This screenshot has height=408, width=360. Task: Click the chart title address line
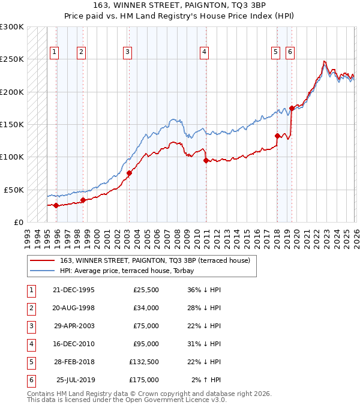pos(180,6)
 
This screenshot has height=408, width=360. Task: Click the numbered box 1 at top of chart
pos(54,52)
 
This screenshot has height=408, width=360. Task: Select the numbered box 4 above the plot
pos(204,52)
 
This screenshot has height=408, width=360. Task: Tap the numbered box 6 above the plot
pos(290,52)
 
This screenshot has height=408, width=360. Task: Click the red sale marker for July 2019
pos(292,109)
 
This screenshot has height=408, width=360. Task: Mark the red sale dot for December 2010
pos(206,160)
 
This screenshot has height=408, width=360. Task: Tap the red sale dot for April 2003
pos(130,173)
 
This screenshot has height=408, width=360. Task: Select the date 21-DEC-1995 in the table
pos(73,290)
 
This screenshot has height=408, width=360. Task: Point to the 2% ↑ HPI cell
pos(206,380)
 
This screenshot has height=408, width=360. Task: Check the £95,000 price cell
pos(145,344)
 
